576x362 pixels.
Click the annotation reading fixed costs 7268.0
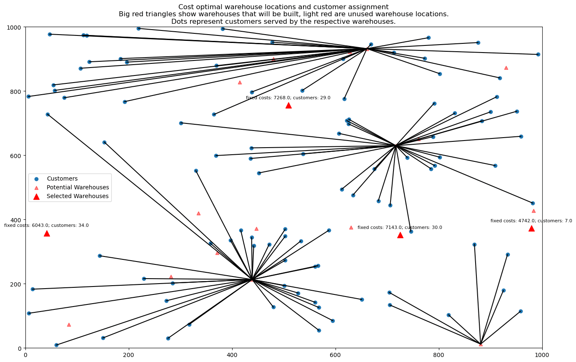click(288, 98)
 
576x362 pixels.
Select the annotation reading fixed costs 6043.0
click(46, 226)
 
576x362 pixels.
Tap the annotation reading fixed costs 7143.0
click(400, 228)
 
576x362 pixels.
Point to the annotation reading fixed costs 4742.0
click(531, 221)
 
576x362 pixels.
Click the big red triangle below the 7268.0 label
click(288, 106)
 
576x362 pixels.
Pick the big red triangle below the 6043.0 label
click(47, 234)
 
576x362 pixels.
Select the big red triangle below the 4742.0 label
click(531, 229)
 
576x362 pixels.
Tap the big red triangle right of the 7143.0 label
click(400, 235)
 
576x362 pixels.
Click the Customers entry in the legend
click(62, 179)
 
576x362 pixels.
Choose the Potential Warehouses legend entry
click(78, 188)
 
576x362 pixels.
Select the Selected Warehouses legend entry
click(78, 196)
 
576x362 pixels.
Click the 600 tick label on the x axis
click(336, 355)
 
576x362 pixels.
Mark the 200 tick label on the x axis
click(129, 355)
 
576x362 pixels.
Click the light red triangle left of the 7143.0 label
click(351, 227)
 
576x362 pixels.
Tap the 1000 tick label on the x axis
click(542, 355)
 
